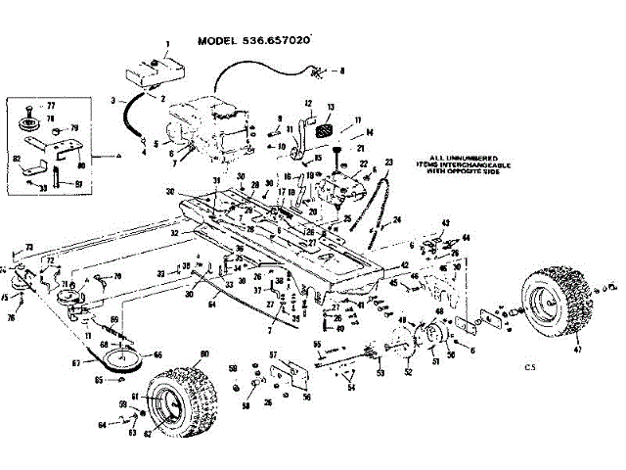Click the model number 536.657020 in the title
point(276,42)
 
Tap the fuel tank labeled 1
point(156,72)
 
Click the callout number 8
point(341,71)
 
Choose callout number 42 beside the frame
point(403,264)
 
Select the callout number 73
point(29,247)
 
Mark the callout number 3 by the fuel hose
point(113,100)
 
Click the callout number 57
point(273,353)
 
